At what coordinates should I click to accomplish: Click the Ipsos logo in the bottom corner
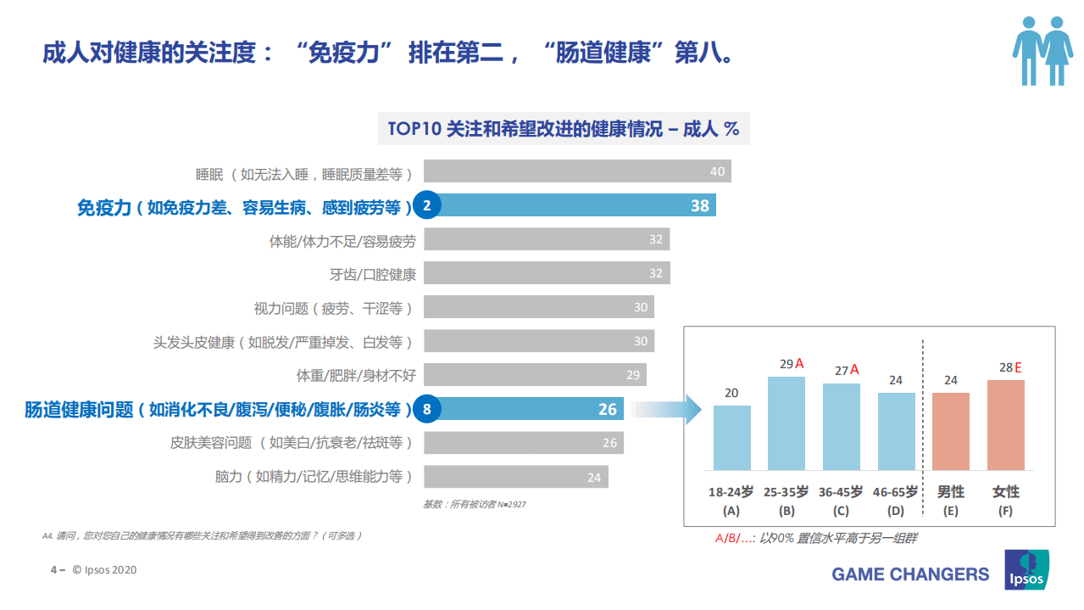(x=1026, y=570)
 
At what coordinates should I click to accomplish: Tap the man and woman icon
(x=1042, y=51)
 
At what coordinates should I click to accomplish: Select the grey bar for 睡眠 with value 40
(x=577, y=171)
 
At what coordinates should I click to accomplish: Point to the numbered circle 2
(x=427, y=205)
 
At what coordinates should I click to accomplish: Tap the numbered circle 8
(x=427, y=410)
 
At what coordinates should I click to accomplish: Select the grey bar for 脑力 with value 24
(x=515, y=477)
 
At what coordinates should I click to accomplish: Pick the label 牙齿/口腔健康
(x=373, y=274)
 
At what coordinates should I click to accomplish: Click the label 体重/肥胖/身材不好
(x=356, y=375)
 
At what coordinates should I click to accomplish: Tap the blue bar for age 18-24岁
(x=732, y=438)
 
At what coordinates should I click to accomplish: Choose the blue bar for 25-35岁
(x=787, y=423)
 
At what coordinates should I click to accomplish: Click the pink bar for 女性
(x=1006, y=425)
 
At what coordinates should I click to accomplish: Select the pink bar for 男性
(x=951, y=431)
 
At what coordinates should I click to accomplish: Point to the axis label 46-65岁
(x=895, y=492)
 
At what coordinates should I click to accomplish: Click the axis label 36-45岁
(x=841, y=492)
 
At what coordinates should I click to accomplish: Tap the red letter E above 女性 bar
(x=1018, y=368)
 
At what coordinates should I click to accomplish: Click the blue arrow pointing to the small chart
(x=670, y=410)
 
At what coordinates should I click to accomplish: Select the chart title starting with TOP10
(x=564, y=129)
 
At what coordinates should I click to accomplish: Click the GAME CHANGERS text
(x=910, y=574)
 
